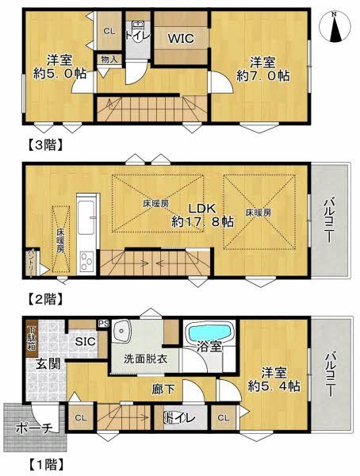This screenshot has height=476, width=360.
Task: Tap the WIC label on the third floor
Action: click(x=180, y=36)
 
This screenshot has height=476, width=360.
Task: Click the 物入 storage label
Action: click(x=108, y=59)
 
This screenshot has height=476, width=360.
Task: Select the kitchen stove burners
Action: click(x=86, y=263)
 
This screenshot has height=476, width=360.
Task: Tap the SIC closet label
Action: click(x=85, y=340)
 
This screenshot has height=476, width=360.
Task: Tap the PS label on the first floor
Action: click(x=102, y=323)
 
